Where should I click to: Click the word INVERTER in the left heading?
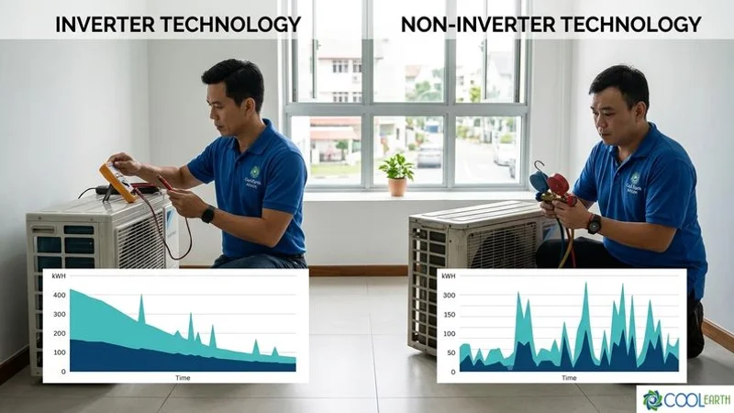point(104,24)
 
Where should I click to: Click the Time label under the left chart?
point(183,377)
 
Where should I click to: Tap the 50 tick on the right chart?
point(451,352)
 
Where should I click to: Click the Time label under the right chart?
point(569,377)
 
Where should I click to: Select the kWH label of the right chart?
point(449,276)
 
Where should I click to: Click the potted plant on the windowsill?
point(396,173)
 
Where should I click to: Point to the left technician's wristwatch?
point(207,215)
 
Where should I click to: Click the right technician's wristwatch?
point(595,224)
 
